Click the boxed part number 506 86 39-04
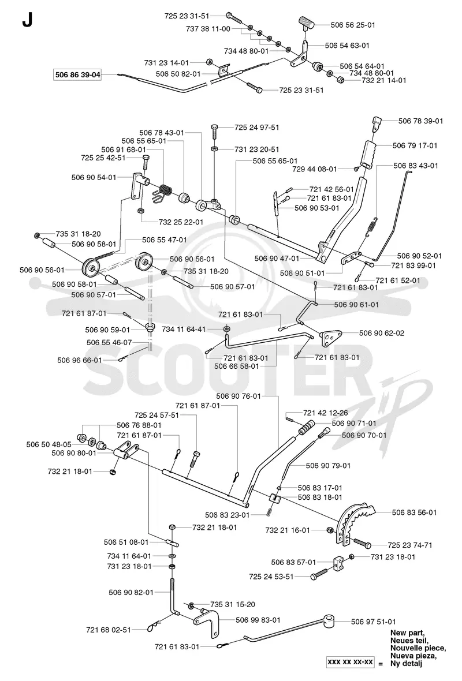click(78, 74)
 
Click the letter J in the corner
click(27, 20)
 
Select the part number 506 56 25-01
click(353, 25)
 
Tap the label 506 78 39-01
click(421, 121)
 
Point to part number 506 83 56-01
click(414, 512)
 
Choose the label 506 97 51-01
click(374, 622)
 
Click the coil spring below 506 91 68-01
click(163, 193)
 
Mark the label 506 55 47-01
click(164, 240)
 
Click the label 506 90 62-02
click(382, 333)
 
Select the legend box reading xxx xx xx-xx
click(351, 662)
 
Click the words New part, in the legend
click(408, 633)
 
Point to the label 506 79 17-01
click(415, 145)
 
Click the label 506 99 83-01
click(258, 620)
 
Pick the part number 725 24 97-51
click(257, 127)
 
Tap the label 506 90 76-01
click(239, 396)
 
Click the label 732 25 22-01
click(181, 222)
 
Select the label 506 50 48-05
click(49, 444)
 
